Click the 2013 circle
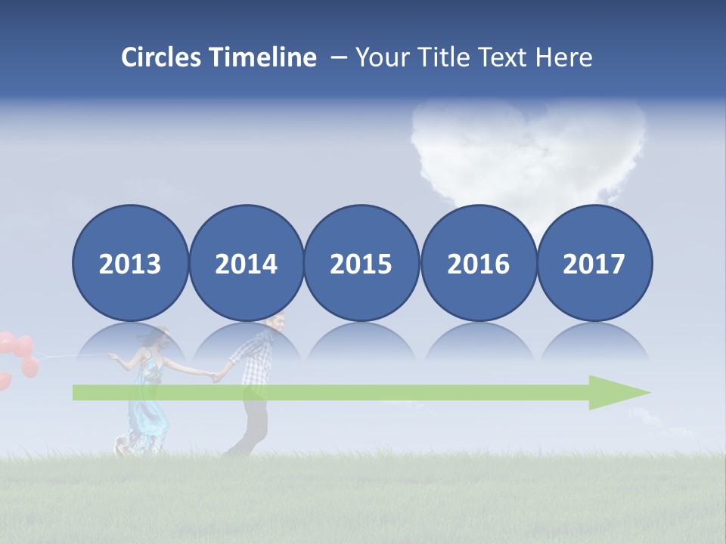(x=130, y=263)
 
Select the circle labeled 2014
(x=246, y=263)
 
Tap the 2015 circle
(x=361, y=263)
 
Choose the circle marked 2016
(x=478, y=263)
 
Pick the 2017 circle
(x=594, y=263)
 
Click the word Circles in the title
(x=162, y=57)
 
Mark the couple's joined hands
(x=216, y=375)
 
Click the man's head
(x=277, y=323)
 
